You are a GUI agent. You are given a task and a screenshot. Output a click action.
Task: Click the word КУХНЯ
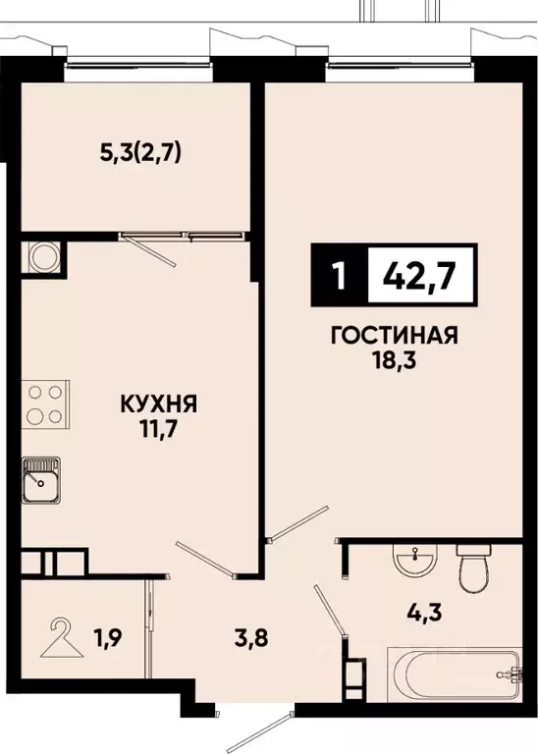(x=159, y=403)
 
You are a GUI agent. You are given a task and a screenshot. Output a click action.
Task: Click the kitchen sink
(x=41, y=478)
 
